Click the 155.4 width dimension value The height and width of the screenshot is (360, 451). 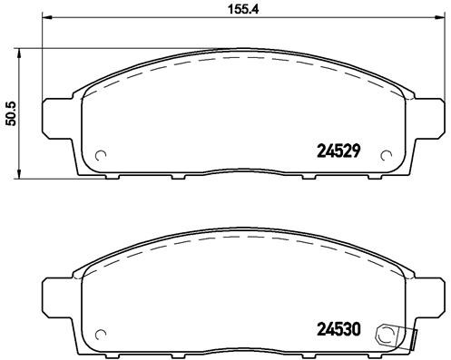[x=236, y=10]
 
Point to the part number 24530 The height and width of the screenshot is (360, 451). [x=338, y=331]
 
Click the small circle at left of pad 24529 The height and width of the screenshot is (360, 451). [x=101, y=154]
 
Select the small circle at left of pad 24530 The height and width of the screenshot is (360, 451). [x=101, y=332]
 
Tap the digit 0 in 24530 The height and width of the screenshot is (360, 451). [x=358, y=331]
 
